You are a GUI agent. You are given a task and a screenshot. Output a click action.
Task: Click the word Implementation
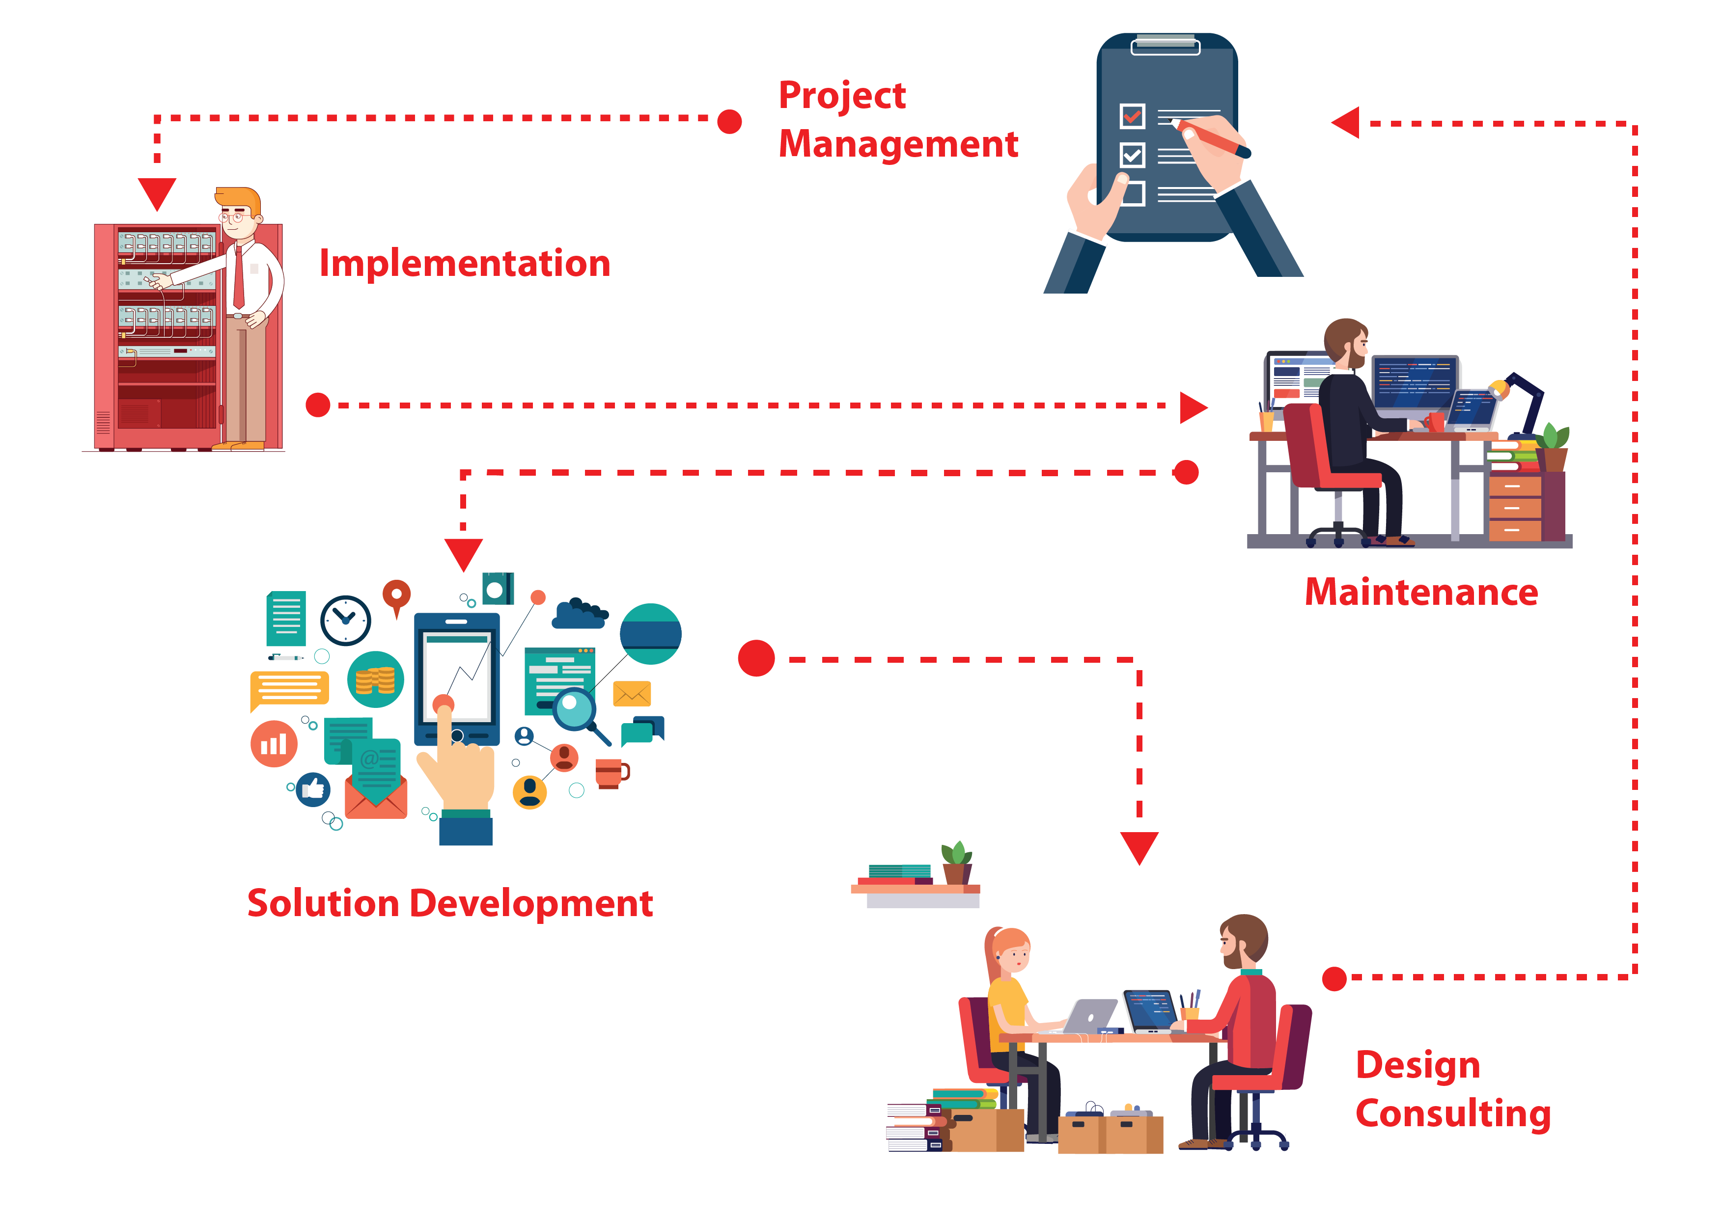tap(465, 264)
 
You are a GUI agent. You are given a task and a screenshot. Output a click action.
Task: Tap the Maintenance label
tap(1420, 593)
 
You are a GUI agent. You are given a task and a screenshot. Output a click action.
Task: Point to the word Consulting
tap(1452, 1114)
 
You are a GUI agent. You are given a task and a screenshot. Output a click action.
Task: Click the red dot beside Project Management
tap(729, 121)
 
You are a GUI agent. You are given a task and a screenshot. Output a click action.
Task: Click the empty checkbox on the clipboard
tap(1133, 193)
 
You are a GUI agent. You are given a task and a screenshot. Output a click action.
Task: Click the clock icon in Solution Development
tap(345, 620)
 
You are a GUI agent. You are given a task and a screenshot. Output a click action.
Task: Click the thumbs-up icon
tap(313, 789)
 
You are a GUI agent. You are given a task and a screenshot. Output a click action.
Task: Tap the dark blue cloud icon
tap(579, 614)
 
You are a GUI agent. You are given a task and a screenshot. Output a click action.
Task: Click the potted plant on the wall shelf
tap(957, 863)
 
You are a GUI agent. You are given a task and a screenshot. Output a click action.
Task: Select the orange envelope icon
tap(632, 694)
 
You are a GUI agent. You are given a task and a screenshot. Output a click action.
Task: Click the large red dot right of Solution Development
tap(756, 658)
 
